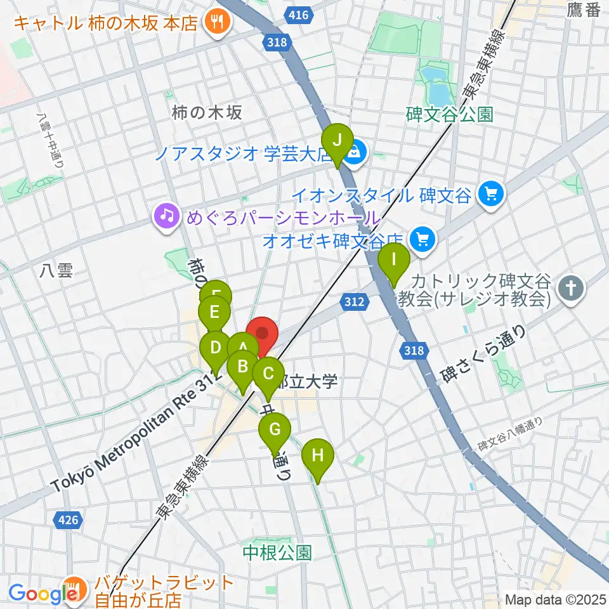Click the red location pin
pos(262,334)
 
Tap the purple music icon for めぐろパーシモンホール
pos(166,216)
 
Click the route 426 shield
pos(68,520)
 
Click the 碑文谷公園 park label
pos(449,114)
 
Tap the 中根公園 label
pos(278,552)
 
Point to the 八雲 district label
pos(56,272)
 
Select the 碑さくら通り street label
pos(485,355)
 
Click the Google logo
pos(38,594)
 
